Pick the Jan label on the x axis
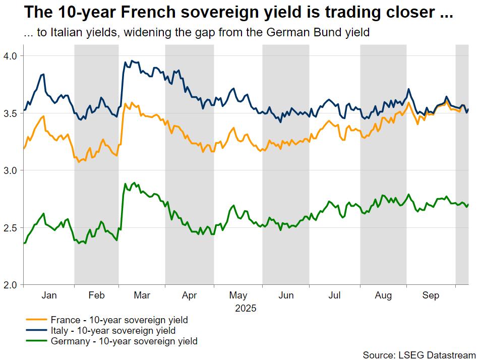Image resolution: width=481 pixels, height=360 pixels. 49,295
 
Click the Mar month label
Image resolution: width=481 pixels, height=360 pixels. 142,295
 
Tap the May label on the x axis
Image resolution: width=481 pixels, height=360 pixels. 238,295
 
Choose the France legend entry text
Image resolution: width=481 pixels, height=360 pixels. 119,320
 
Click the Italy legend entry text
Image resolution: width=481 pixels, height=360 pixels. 113,331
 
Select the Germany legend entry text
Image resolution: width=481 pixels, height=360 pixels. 124,341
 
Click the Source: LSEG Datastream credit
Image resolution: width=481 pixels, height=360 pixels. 419,355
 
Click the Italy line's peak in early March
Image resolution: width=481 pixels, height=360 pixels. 132,61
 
